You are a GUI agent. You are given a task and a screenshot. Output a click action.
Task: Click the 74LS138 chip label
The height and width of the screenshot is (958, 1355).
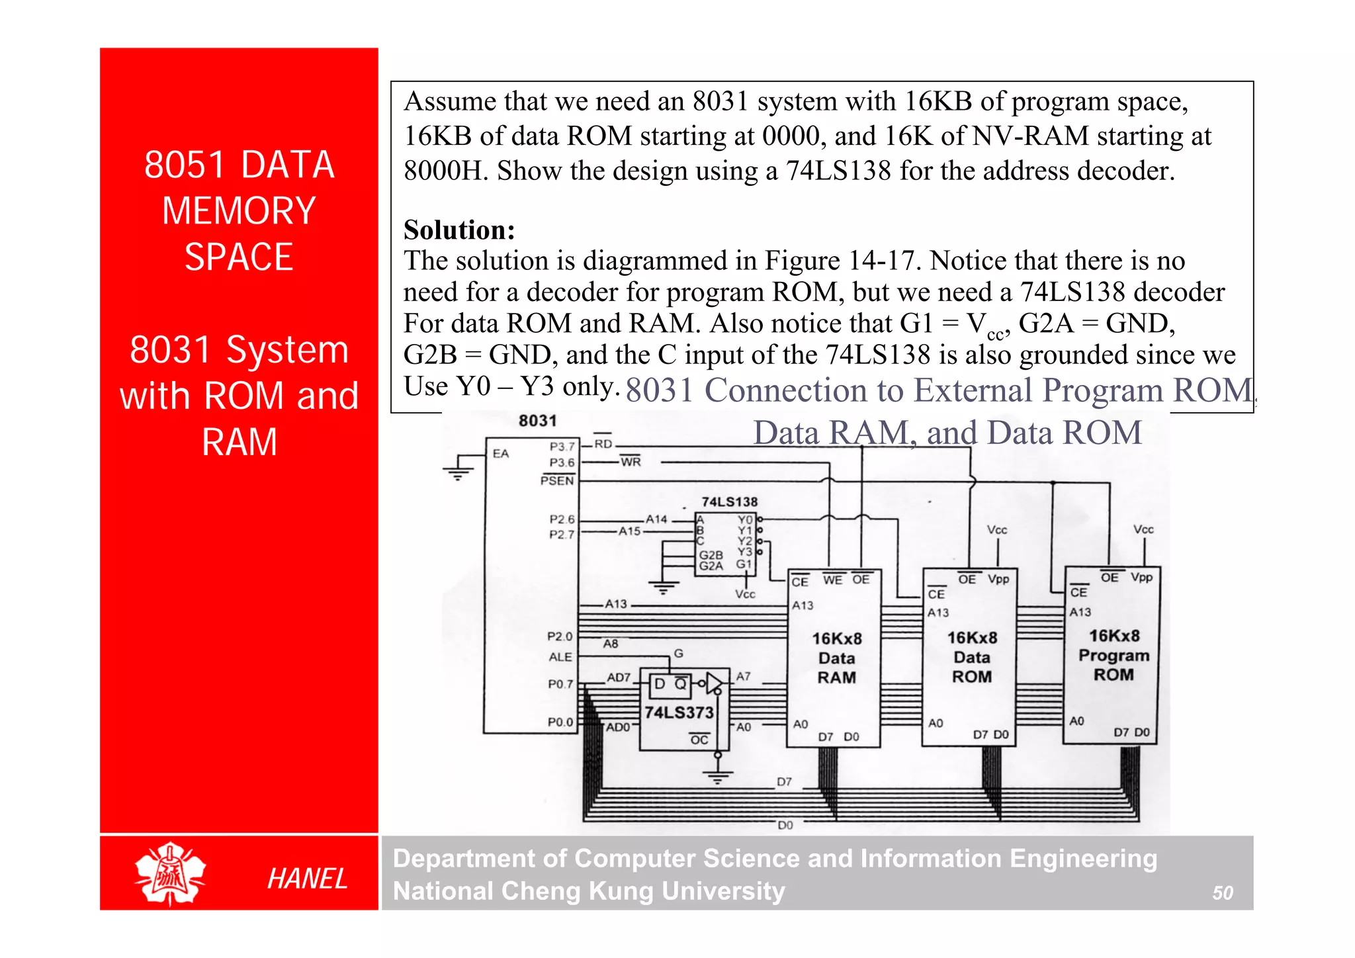coord(729,502)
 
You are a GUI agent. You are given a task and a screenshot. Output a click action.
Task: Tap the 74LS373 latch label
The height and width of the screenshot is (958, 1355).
coord(679,713)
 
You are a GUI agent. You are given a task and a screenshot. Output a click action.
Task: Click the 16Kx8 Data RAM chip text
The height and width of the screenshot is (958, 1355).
coord(836,658)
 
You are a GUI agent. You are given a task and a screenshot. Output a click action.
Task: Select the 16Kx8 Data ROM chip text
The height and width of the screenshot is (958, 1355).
coord(971,657)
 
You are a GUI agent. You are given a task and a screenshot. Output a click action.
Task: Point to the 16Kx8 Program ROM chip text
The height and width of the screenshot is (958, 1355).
coord(1114,655)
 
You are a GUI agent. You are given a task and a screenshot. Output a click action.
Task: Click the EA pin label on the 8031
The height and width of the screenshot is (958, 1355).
coord(501,454)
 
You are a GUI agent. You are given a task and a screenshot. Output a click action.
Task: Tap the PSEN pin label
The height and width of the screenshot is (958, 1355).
coord(557,480)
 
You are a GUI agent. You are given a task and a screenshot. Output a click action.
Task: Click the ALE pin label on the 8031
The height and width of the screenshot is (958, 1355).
coord(560,657)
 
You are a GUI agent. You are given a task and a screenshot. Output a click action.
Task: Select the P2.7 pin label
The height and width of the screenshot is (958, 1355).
coord(562,535)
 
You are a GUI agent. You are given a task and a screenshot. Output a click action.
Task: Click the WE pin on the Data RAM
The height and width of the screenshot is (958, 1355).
coord(832,580)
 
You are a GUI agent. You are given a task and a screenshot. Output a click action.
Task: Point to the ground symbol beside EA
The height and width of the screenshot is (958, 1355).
coord(458,473)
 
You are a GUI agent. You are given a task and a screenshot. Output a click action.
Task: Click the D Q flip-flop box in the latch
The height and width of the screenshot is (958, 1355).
coord(670,685)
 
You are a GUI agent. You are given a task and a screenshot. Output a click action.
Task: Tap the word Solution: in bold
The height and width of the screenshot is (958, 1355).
coord(459,230)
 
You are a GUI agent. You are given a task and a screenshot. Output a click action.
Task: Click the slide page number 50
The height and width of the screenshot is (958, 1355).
coord(1222,893)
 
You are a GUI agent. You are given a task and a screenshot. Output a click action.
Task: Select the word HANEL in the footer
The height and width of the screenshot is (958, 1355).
coord(307,879)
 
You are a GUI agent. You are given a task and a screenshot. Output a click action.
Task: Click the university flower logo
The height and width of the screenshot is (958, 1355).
coord(170,874)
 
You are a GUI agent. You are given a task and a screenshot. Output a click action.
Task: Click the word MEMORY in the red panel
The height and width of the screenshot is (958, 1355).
coord(239,211)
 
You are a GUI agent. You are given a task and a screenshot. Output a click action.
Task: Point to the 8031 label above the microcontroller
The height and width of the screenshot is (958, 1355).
coord(537,421)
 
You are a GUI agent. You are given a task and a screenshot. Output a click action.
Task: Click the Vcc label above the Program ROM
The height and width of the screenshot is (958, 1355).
coord(1143,530)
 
